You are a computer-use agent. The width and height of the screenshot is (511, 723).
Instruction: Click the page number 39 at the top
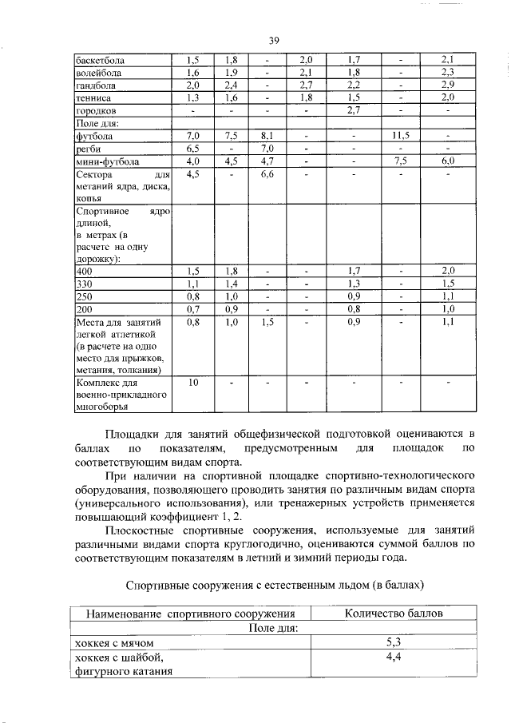click(x=274, y=41)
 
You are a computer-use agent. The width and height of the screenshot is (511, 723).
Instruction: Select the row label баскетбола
click(x=100, y=60)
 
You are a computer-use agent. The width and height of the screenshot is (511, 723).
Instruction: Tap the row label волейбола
click(x=98, y=72)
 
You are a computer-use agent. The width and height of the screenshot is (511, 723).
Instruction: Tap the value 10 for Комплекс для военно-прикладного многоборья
click(x=192, y=383)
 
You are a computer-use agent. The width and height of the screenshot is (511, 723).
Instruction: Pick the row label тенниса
click(x=95, y=97)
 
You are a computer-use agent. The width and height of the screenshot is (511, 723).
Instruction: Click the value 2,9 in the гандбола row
click(x=448, y=85)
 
